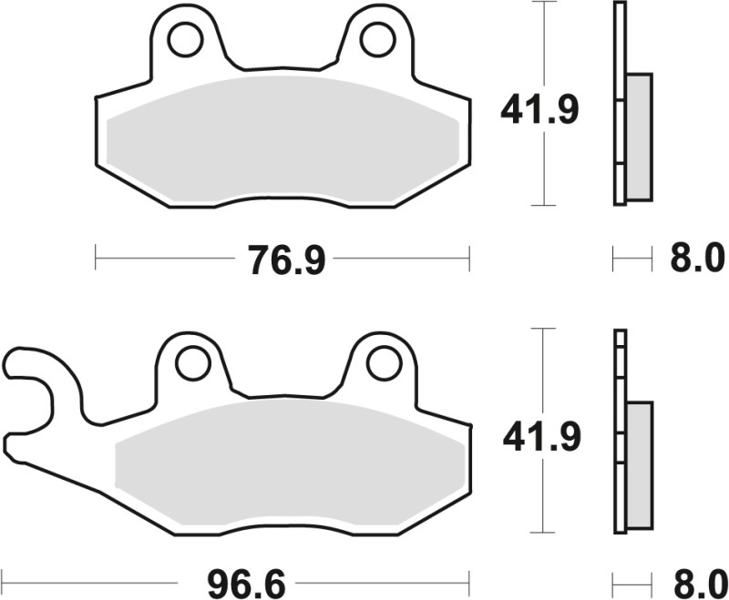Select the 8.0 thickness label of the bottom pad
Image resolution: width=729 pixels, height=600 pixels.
tap(698, 579)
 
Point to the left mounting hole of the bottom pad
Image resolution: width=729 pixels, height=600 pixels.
tap(193, 363)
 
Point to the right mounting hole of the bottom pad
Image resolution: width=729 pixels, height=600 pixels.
tap(384, 363)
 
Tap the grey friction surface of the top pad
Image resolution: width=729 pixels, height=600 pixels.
tap(282, 137)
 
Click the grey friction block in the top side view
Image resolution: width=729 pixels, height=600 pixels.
tap(640, 137)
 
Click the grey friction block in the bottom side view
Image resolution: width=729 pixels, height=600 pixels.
tap(640, 464)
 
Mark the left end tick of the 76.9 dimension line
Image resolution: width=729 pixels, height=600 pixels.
tap(96, 258)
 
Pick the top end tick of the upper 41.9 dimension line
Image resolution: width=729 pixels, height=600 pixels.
tap(544, 3)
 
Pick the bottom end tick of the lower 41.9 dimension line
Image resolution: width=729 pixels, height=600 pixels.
tap(544, 533)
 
